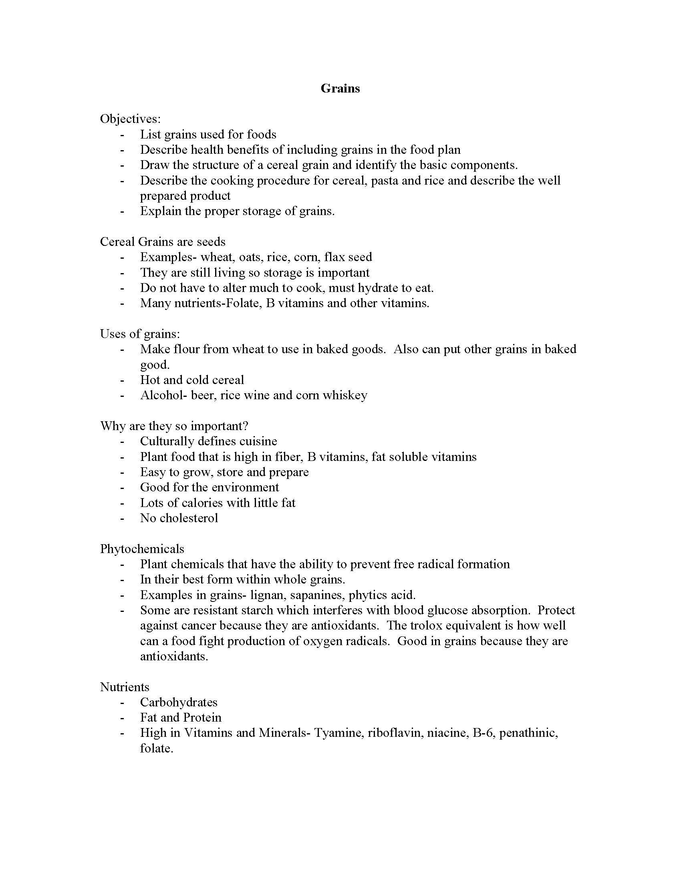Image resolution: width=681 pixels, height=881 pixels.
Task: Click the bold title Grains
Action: [340, 89]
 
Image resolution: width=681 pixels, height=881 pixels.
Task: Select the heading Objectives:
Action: [130, 119]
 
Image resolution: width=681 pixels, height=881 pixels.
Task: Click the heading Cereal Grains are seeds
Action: [163, 241]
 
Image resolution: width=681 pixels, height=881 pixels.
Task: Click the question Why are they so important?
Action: [174, 426]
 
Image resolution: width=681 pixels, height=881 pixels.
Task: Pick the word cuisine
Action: [258, 441]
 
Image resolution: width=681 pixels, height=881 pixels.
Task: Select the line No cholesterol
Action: [179, 518]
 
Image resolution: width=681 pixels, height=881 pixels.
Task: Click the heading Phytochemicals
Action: [142, 549]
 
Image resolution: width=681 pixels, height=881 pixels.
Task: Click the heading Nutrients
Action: [125, 687]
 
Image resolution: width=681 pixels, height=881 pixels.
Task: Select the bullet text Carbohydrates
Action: [179, 702]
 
